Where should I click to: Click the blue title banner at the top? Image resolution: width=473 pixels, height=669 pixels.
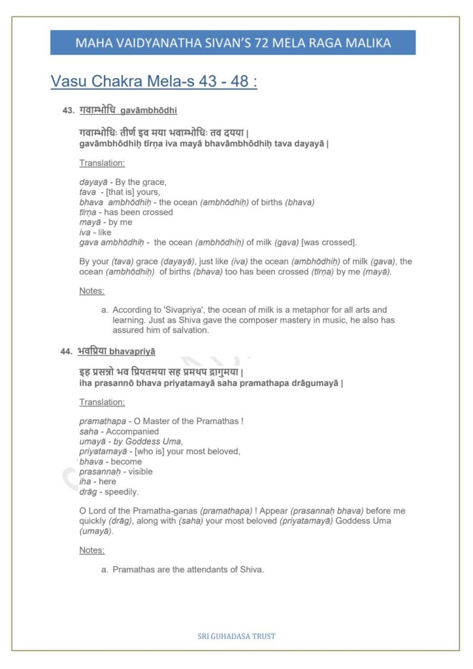[233, 42]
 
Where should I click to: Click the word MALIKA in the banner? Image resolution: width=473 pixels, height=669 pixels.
[367, 43]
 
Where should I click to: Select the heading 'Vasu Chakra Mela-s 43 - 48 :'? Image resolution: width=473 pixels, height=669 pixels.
[154, 82]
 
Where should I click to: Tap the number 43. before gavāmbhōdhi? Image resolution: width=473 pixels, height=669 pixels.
[69, 111]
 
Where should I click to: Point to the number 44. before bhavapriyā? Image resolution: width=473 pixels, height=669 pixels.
[67, 351]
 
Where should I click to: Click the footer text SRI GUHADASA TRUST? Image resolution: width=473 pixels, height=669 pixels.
[236, 636]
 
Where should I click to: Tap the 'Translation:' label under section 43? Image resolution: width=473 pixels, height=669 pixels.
[102, 163]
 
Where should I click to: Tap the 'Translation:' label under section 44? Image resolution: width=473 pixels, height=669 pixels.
[102, 402]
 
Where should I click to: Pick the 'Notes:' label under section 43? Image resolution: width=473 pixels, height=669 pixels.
[92, 291]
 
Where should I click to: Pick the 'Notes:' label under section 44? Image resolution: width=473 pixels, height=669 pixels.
[92, 550]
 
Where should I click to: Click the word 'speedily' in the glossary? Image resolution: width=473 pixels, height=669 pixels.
[122, 491]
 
